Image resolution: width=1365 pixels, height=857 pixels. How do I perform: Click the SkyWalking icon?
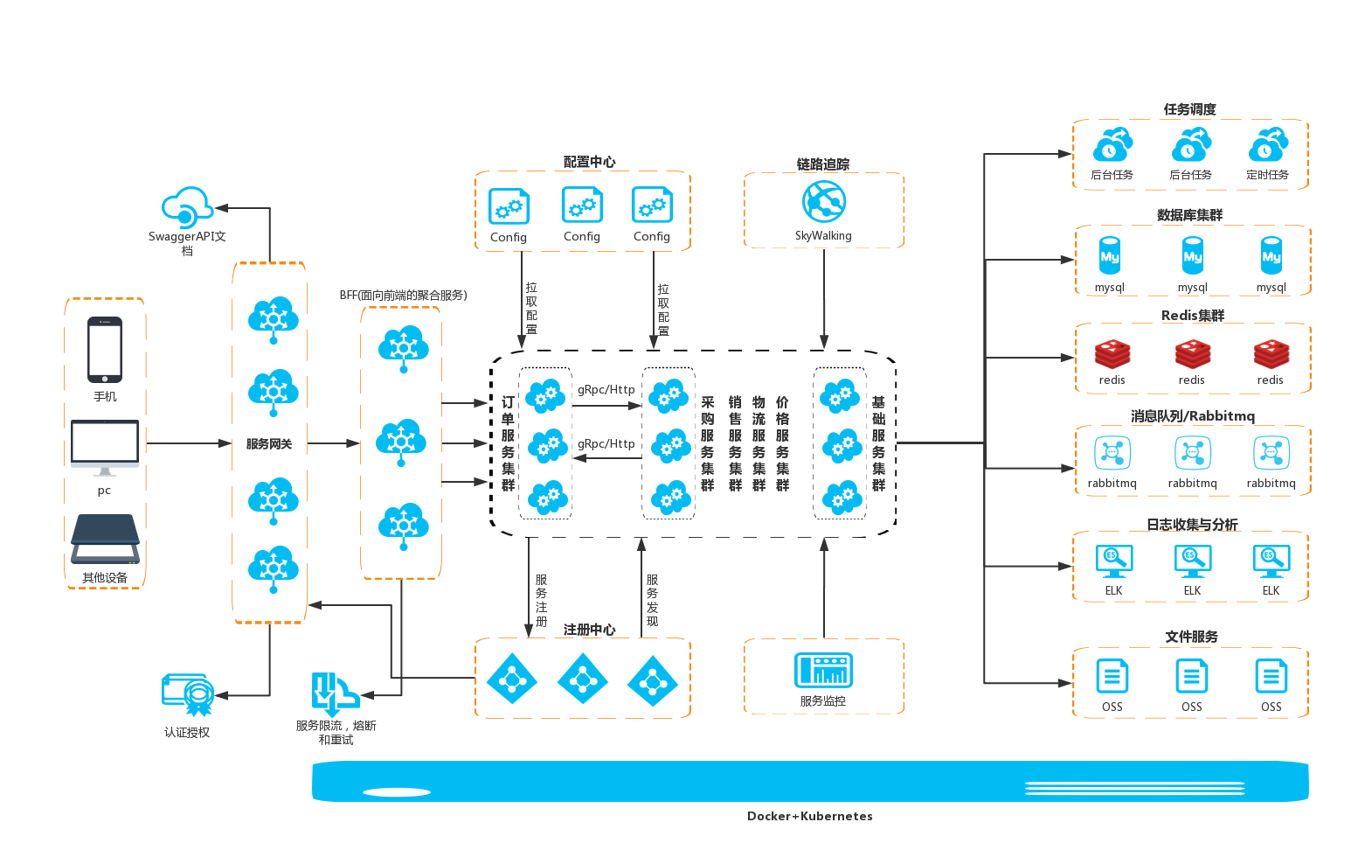coord(824,202)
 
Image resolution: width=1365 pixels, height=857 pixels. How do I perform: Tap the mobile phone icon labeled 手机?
coord(105,350)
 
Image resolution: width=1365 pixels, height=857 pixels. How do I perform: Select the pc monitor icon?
coord(105,447)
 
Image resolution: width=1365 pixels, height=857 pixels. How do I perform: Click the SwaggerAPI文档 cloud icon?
coord(187,208)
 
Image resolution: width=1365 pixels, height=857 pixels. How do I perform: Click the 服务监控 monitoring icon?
coord(823,671)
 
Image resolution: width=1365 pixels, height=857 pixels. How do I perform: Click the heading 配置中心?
coord(589,162)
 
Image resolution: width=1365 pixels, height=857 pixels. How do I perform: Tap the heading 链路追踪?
coord(823,164)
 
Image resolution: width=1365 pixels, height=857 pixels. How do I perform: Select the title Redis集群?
coord(1192,316)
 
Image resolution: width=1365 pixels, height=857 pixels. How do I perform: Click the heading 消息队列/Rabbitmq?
coord(1192,416)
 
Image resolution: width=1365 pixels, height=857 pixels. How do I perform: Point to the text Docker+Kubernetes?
coord(809,816)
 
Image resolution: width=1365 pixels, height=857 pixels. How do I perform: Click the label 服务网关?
coord(269,444)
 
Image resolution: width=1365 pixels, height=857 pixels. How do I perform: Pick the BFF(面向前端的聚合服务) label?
coord(403,296)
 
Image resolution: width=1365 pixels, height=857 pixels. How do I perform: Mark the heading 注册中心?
coord(589,630)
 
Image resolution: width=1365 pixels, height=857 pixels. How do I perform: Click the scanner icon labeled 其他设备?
coord(106,540)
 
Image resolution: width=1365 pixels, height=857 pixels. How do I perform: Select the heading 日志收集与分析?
coord(1192,525)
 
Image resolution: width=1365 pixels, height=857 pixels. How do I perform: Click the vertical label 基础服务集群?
coord(878,443)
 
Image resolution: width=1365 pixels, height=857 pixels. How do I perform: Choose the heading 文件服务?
coord(1191,637)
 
